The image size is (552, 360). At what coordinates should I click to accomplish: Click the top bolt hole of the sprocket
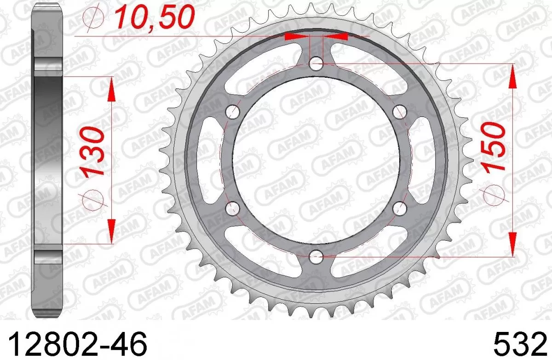click(316, 64)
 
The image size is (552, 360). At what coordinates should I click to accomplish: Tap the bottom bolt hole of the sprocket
click(316, 256)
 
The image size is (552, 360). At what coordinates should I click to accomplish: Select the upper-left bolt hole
click(234, 111)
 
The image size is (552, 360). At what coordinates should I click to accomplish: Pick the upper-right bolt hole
click(399, 111)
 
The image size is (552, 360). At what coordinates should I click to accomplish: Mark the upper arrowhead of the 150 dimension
click(512, 76)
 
